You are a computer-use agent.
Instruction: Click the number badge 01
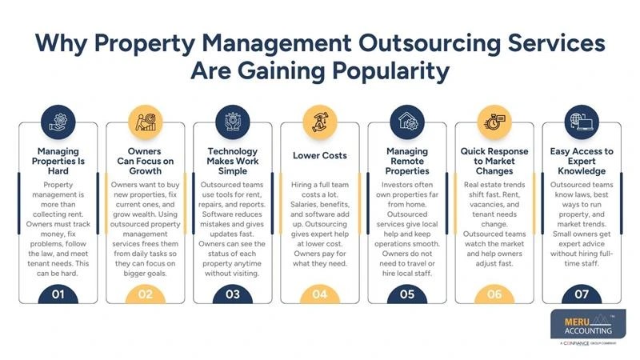[57, 294]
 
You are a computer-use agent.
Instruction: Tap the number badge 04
[319, 294]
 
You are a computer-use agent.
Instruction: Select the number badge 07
[582, 294]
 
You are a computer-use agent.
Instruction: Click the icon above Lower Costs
[319, 124]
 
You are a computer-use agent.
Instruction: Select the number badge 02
[144, 294]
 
